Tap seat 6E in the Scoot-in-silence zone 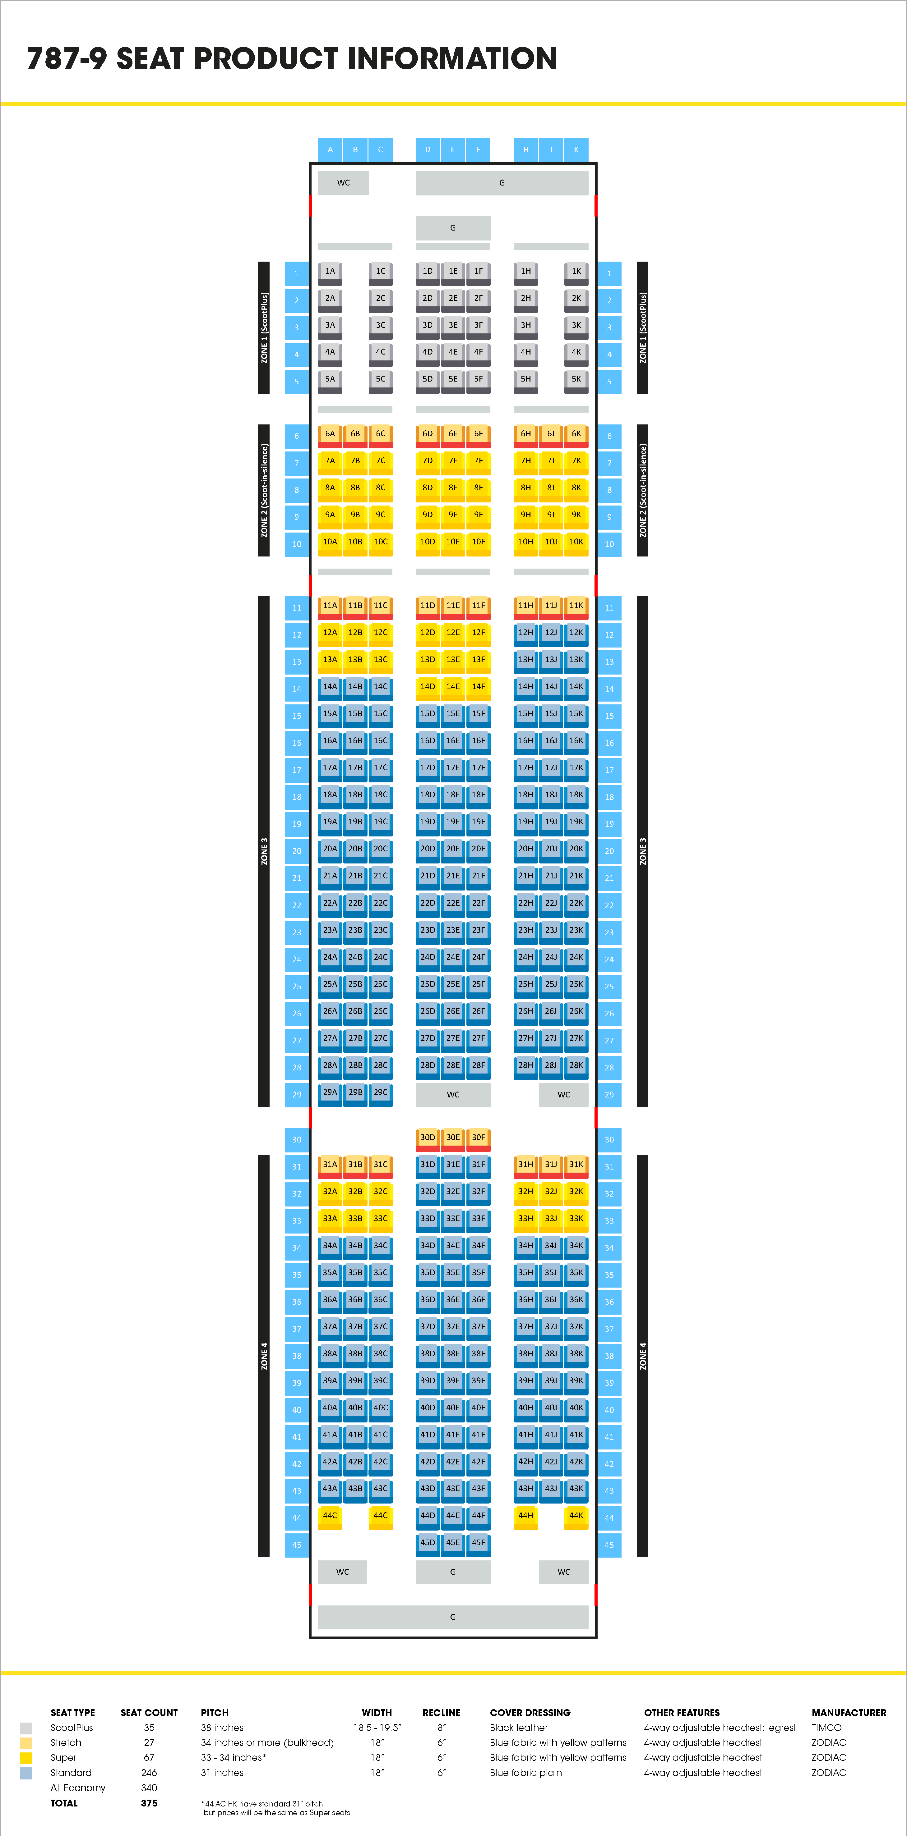pyautogui.click(x=453, y=434)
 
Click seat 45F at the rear pyautogui.click(x=479, y=1543)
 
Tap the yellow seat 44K pyautogui.click(x=576, y=1516)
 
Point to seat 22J pyautogui.click(x=550, y=904)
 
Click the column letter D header pyautogui.click(x=427, y=150)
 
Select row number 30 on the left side pyautogui.click(x=297, y=1140)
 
